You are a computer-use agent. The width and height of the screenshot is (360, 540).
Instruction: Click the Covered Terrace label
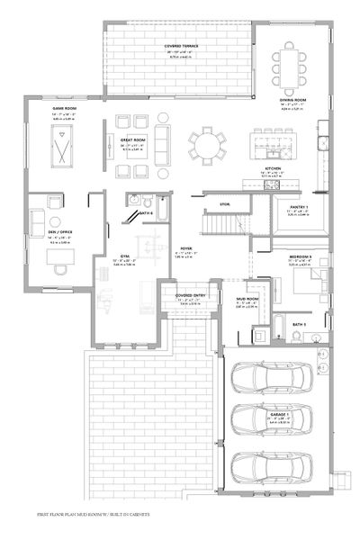tap(181, 44)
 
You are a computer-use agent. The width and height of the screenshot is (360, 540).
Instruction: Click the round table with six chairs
tap(209, 144)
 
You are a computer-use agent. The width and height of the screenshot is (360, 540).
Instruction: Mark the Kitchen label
tap(274, 168)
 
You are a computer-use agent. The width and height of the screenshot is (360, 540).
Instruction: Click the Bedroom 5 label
tap(301, 257)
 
